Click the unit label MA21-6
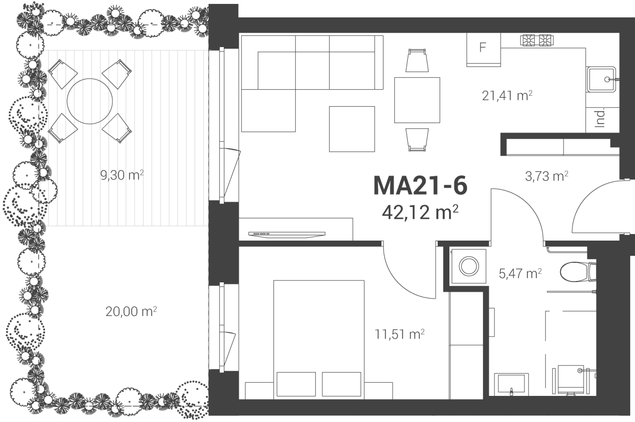pyautogui.click(x=420, y=186)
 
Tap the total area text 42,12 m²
pyautogui.click(x=420, y=213)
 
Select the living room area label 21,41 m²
pyautogui.click(x=507, y=96)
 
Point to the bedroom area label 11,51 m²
pyautogui.click(x=399, y=334)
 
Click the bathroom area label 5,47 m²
pyautogui.click(x=520, y=274)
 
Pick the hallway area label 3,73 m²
pyautogui.click(x=547, y=176)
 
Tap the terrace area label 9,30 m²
pyautogui.click(x=122, y=175)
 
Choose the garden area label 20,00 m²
pyautogui.click(x=131, y=311)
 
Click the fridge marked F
pyautogui.click(x=484, y=50)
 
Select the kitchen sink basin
pyautogui.click(x=601, y=80)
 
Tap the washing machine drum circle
pyautogui.click(x=469, y=266)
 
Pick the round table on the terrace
pyautogui.click(x=90, y=101)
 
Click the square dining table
pyautogui.click(x=417, y=100)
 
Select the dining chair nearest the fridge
pyautogui.click(x=417, y=60)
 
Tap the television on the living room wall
pyautogui.click(x=287, y=234)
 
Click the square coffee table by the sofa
pyautogui.click(x=352, y=129)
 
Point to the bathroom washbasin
pyautogui.click(x=512, y=384)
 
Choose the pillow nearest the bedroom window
pyautogui.click(x=296, y=384)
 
